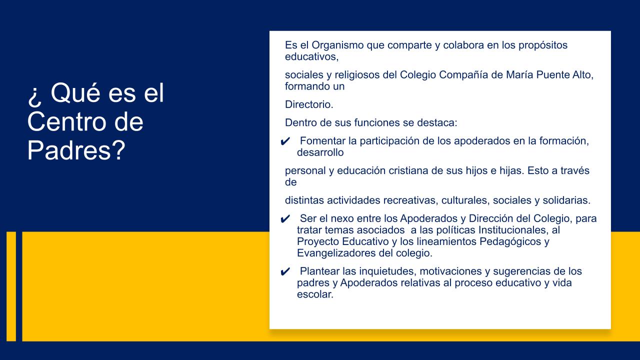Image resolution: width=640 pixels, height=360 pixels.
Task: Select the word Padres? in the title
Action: coord(76,150)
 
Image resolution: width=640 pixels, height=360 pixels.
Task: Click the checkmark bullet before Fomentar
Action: coord(285,141)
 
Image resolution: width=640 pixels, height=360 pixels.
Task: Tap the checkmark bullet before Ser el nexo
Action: coord(285,219)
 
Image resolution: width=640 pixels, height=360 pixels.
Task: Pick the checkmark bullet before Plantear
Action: coord(285,272)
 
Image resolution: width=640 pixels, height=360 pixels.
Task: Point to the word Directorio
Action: coord(309,104)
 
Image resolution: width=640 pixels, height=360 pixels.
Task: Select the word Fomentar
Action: coord(324,140)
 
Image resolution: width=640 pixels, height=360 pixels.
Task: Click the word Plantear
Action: coord(319,271)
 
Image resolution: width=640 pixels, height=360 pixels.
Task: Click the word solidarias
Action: coord(564,200)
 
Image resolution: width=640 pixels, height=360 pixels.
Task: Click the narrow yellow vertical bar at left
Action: coord(11,286)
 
